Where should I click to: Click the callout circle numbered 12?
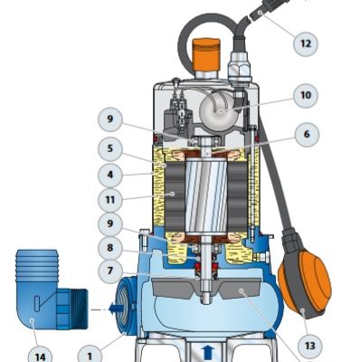pyautogui.click(x=306, y=43)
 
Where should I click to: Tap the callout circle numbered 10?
pyautogui.click(x=306, y=95)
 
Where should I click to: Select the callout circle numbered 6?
pyautogui.click(x=307, y=134)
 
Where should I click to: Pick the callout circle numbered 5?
pyautogui.click(x=110, y=148)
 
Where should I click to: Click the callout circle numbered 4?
pyautogui.click(x=110, y=175)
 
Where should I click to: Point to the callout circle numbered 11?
pyautogui.click(x=110, y=200)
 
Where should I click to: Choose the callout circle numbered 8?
pyautogui.click(x=110, y=248)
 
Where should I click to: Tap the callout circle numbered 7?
pyautogui.click(x=110, y=271)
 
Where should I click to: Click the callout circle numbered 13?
pyautogui.click(x=309, y=345)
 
